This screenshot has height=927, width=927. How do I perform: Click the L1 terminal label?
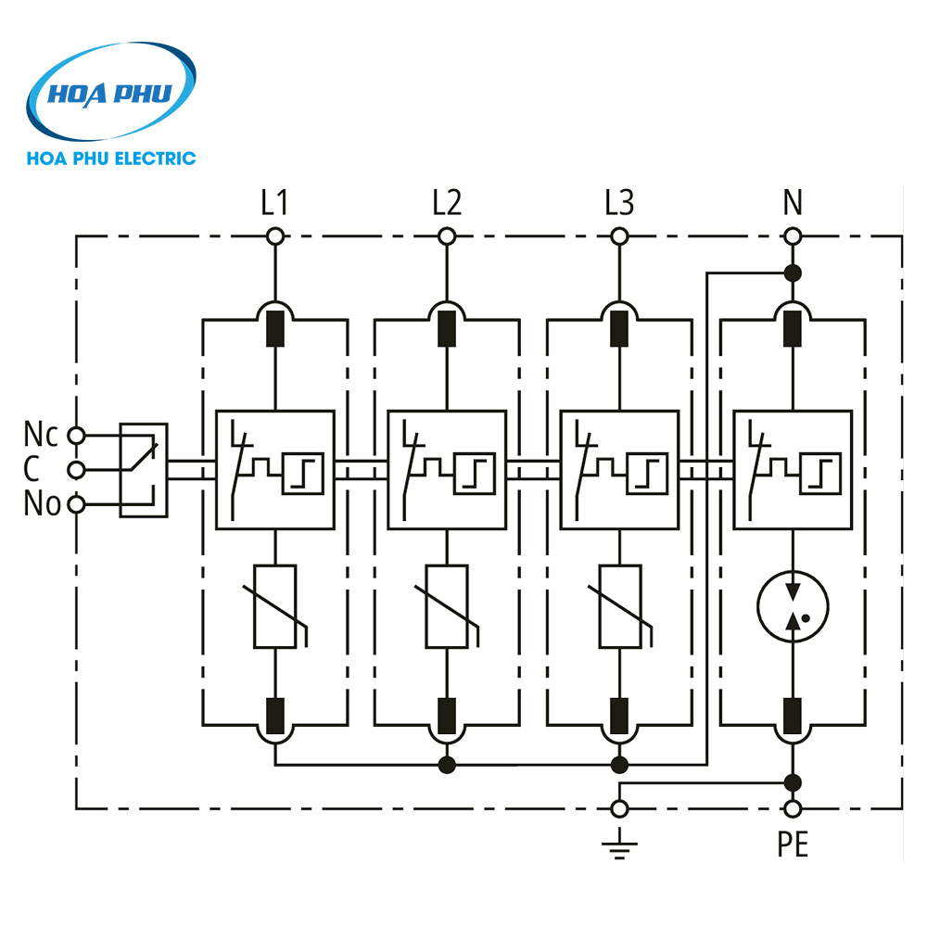pyautogui.click(x=274, y=203)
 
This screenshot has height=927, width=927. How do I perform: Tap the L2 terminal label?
pyautogui.click(x=447, y=203)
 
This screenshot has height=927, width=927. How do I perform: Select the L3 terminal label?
pyautogui.click(x=619, y=203)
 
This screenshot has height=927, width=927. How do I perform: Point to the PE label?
pyautogui.click(x=793, y=845)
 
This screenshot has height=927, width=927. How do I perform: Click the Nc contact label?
pyautogui.click(x=41, y=434)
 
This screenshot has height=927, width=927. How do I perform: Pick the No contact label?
pyautogui.click(x=42, y=504)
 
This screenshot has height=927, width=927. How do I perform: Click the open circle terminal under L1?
pyautogui.click(x=274, y=237)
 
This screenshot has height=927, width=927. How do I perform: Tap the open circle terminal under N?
pyautogui.click(x=793, y=237)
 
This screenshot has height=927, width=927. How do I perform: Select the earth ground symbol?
pyautogui.click(x=620, y=844)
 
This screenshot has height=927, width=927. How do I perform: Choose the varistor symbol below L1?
pyautogui.click(x=274, y=606)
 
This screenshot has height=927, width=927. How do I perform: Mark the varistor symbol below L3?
pyautogui.click(x=620, y=606)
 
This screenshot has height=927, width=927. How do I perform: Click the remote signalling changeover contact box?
pyautogui.click(x=144, y=469)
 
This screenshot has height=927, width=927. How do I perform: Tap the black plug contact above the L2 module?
pyautogui.click(x=447, y=327)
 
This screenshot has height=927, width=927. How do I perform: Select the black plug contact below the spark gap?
pyautogui.click(x=793, y=714)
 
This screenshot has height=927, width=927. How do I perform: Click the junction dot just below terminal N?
pyautogui.click(x=793, y=273)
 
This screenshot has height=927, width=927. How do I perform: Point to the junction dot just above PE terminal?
pyautogui.click(x=793, y=781)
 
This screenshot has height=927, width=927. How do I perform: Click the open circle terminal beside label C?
pyautogui.click(x=77, y=469)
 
